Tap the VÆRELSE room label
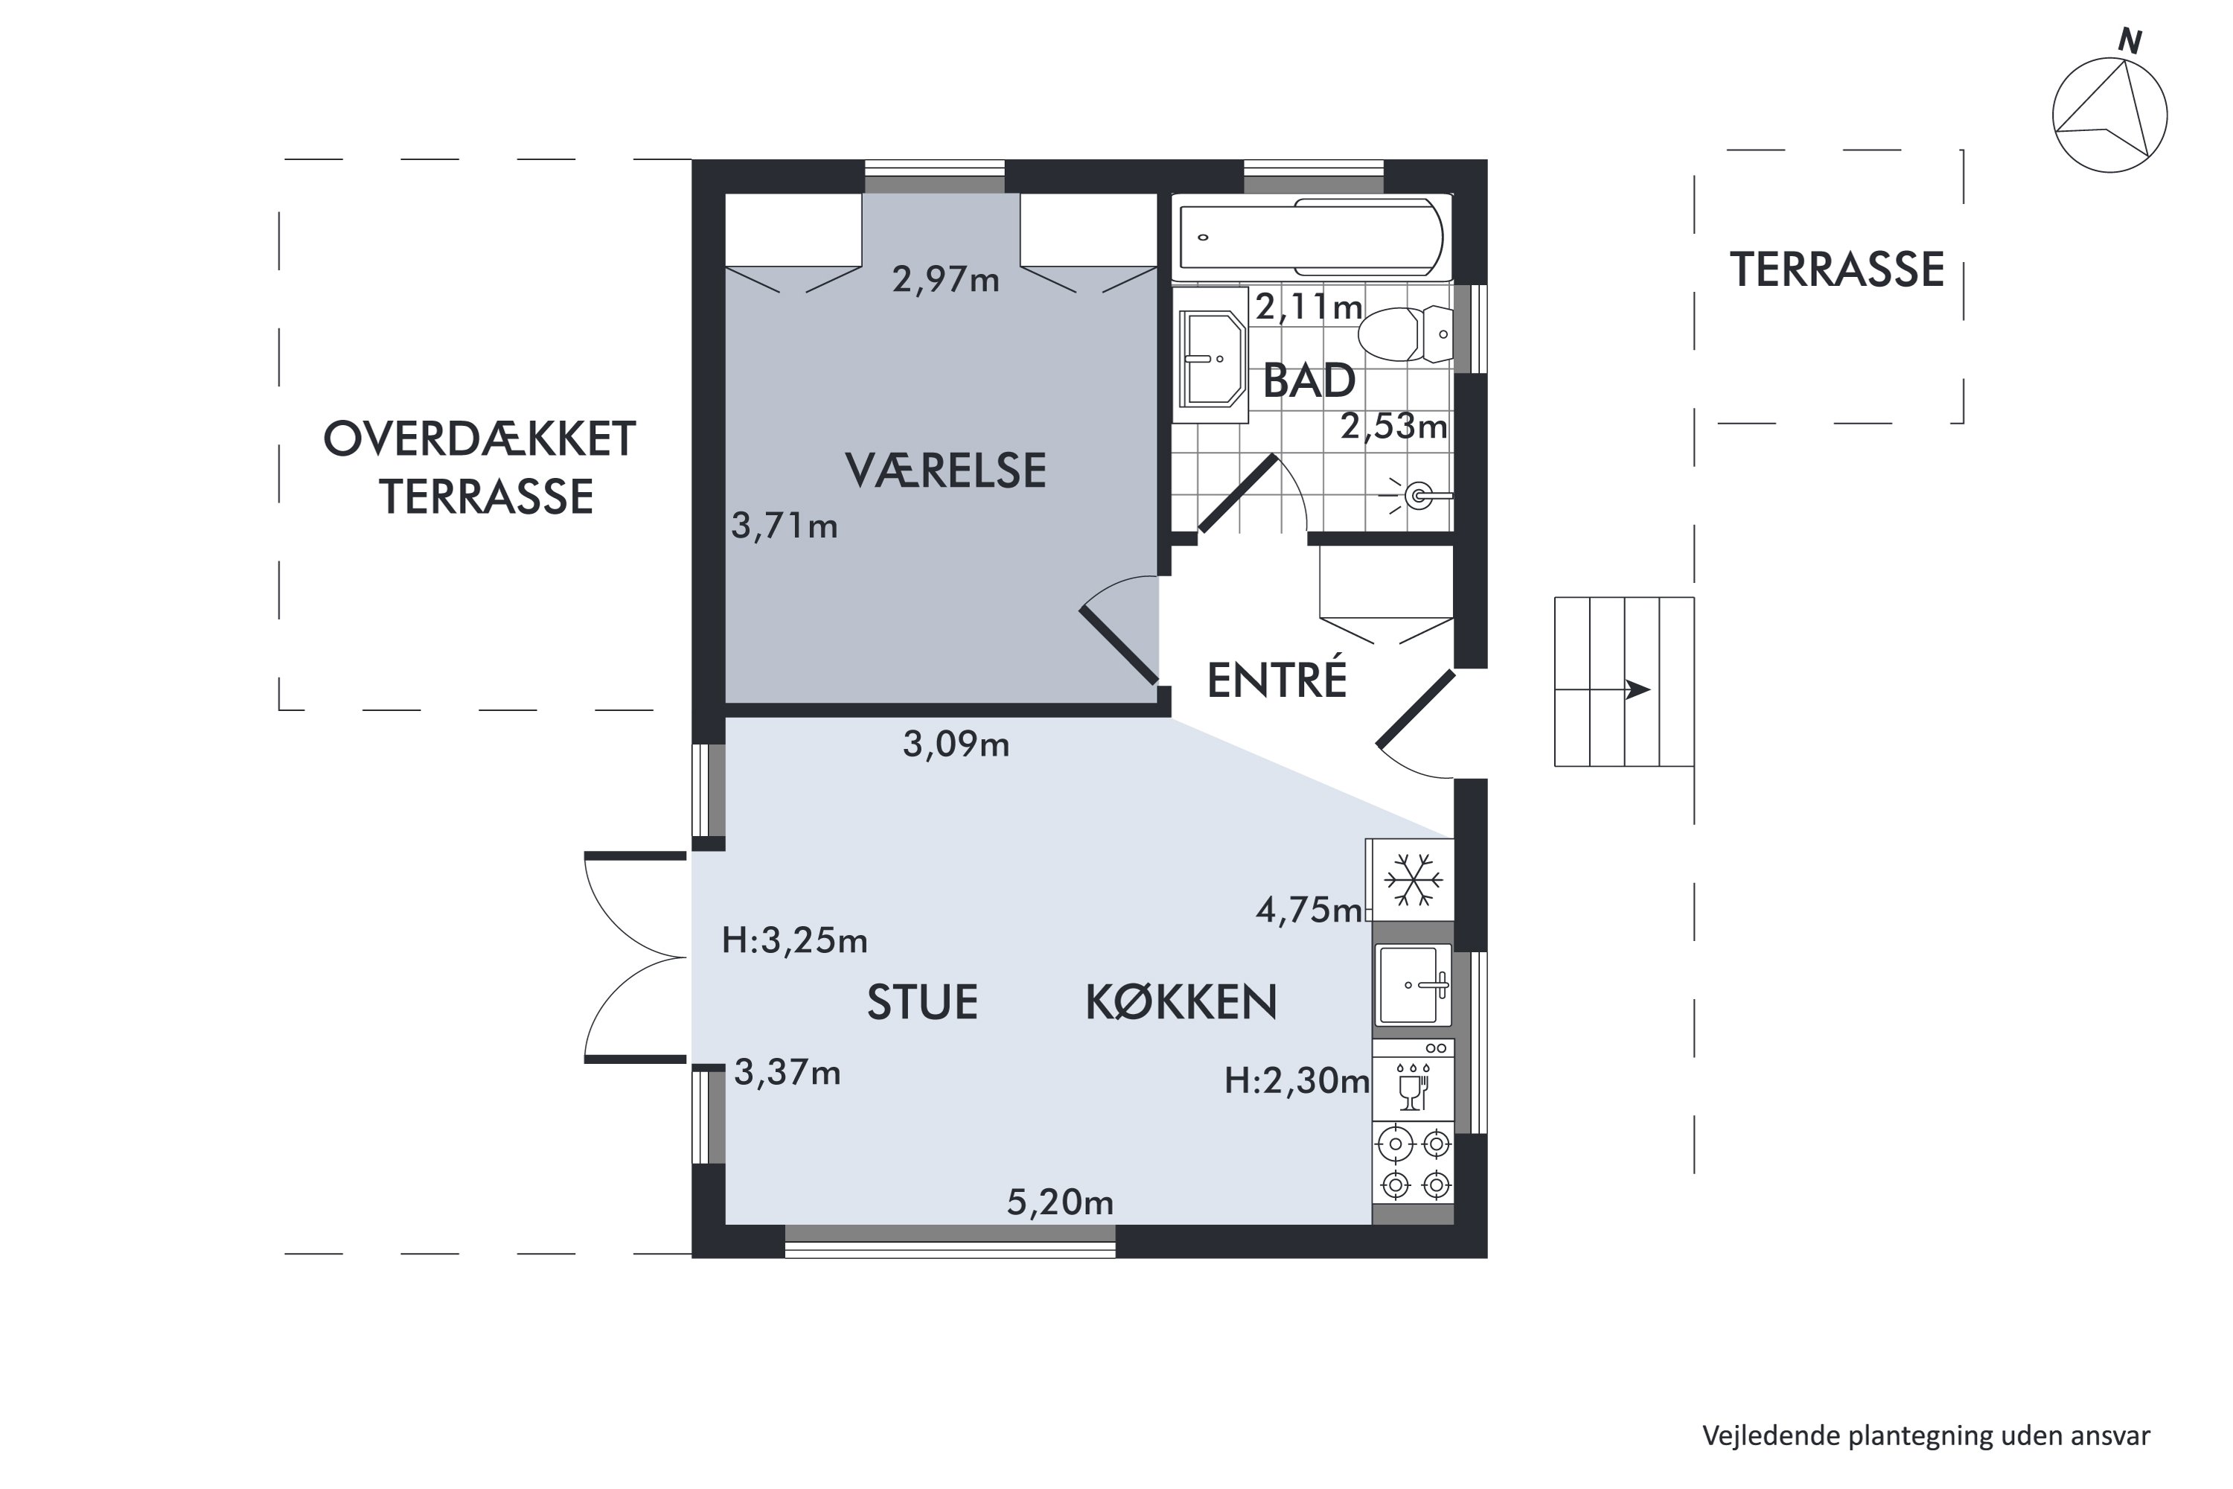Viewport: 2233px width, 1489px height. pyautogui.click(x=945, y=470)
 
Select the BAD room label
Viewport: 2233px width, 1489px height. pyautogui.click(x=1309, y=380)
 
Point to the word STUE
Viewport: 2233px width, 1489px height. pyautogui.click(x=922, y=1003)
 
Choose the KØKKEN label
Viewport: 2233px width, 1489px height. pyautogui.click(x=1181, y=1002)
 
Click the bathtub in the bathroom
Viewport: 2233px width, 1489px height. pyautogui.click(x=1312, y=237)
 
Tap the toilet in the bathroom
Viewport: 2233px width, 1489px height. pyautogui.click(x=1406, y=334)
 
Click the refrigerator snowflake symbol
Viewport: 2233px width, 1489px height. pyautogui.click(x=1413, y=879)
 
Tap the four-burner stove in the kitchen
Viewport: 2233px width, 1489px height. pyautogui.click(x=1413, y=1165)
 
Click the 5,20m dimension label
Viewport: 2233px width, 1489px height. pyautogui.click(x=1059, y=1203)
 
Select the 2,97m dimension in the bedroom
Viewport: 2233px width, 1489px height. pyautogui.click(x=945, y=279)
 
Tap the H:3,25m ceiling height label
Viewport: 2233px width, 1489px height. pyautogui.click(x=795, y=940)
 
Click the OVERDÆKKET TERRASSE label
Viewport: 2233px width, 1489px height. pyautogui.click(x=480, y=468)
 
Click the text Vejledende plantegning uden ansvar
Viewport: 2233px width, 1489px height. pyautogui.click(x=1926, y=1435)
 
